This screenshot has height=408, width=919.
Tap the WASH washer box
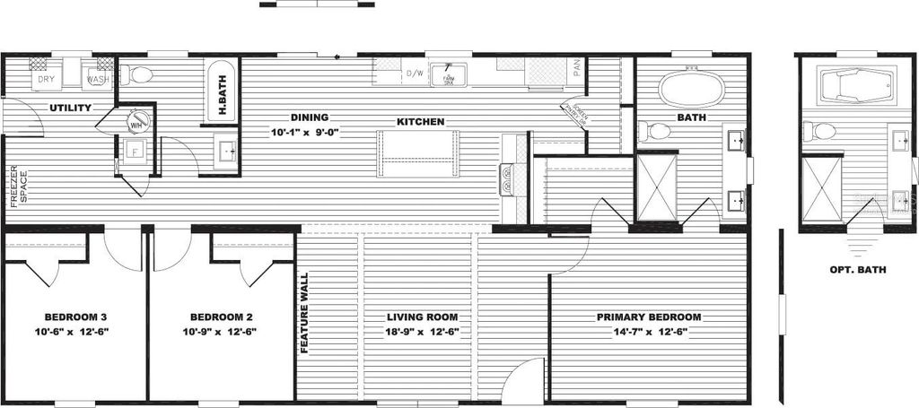tap(97, 79)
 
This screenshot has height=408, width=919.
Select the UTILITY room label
tap(71, 108)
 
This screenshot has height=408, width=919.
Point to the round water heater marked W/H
tap(136, 120)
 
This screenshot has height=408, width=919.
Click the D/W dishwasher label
tap(415, 74)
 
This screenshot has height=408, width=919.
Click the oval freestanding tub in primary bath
tap(691, 90)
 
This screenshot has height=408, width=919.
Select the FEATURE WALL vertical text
tap(304, 313)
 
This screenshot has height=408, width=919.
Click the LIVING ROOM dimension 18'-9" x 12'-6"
tap(422, 332)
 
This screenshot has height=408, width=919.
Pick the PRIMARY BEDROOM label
tap(649, 317)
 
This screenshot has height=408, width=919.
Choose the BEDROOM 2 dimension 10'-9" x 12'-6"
tap(221, 332)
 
